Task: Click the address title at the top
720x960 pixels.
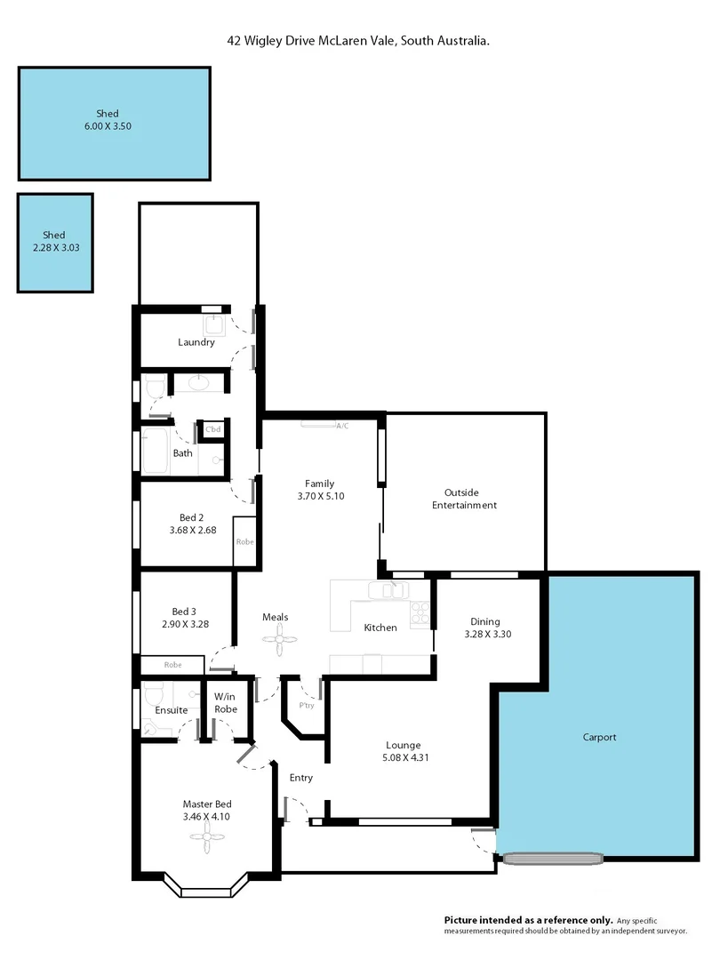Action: [359, 41]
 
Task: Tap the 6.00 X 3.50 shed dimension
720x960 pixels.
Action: [108, 126]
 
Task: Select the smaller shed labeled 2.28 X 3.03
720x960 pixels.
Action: [55, 248]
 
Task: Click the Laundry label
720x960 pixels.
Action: [196, 342]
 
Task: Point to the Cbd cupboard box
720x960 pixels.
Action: [212, 429]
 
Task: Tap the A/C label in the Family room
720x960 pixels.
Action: [342, 426]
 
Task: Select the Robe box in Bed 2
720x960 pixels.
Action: [244, 540]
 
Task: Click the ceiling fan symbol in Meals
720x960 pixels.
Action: [281, 637]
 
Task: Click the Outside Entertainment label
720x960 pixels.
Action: [464, 499]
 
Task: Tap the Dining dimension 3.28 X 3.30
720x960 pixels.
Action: [487, 635]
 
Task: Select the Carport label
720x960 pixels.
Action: [599, 737]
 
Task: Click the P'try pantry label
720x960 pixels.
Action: [307, 706]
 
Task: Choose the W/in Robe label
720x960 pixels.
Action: [225, 703]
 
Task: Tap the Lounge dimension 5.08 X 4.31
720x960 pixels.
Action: [403, 758]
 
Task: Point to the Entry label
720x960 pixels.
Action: [301, 778]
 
